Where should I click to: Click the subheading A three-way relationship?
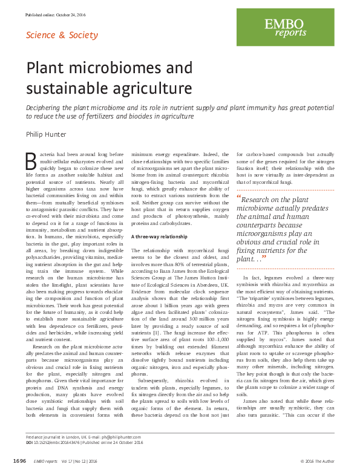[158, 236]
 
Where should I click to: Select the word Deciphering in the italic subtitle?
[45, 106]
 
